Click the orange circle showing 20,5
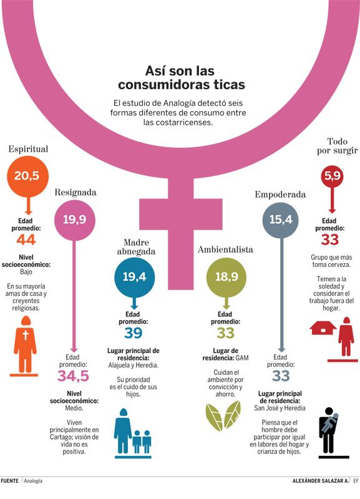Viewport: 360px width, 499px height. [x=27, y=176]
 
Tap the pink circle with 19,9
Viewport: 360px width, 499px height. [x=74, y=220]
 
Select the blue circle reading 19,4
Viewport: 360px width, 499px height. [x=135, y=276]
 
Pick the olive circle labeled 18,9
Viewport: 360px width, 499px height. [x=226, y=276]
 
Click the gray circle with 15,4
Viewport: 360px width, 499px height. [x=281, y=220]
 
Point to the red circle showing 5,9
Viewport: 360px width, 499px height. [x=333, y=176]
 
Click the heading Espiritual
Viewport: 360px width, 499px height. [x=28, y=149]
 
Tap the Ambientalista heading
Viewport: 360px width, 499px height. [x=225, y=249]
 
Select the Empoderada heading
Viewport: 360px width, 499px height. [x=280, y=195]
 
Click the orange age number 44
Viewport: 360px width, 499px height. [x=26, y=240]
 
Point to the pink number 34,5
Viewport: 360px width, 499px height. [x=73, y=376]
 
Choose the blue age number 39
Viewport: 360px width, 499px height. [x=133, y=333]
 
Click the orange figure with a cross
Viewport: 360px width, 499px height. [x=24, y=346]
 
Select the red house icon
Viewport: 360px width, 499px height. [x=323, y=328]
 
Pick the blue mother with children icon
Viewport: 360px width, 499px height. [x=132, y=434]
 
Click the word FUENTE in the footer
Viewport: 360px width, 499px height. [x=9, y=480]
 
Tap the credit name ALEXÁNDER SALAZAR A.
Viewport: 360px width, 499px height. [x=321, y=481]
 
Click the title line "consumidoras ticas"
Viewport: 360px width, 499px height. [x=182, y=84]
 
